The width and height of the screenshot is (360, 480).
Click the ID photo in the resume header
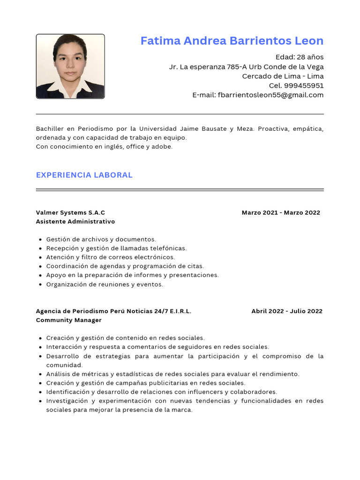70,66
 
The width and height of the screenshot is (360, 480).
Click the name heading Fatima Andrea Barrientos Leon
232,41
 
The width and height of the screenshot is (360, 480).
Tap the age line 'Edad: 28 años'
299,57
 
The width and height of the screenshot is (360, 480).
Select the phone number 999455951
303,85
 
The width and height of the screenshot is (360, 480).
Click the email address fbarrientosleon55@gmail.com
270,95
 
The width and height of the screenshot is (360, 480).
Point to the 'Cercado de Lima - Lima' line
283,76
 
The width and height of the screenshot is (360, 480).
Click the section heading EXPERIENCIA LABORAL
84,175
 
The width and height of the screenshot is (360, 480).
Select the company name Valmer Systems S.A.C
70,212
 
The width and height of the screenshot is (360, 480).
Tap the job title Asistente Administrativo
75,221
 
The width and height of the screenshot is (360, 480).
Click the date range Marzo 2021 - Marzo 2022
281,212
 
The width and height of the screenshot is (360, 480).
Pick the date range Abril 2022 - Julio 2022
286,311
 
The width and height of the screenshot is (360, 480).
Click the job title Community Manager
68,320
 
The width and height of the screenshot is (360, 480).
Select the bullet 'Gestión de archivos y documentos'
101,239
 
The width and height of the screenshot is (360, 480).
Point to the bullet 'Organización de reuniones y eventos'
105,284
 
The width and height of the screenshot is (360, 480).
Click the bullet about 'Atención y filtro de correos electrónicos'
110,257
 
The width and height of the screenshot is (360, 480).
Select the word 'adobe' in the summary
162,146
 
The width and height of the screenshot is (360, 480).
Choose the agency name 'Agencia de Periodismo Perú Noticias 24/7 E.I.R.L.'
113,311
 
